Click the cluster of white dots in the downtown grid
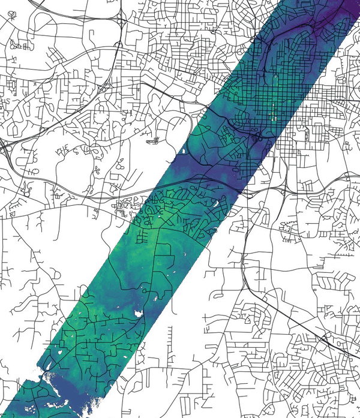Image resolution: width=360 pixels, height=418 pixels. click(x=274, y=112)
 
